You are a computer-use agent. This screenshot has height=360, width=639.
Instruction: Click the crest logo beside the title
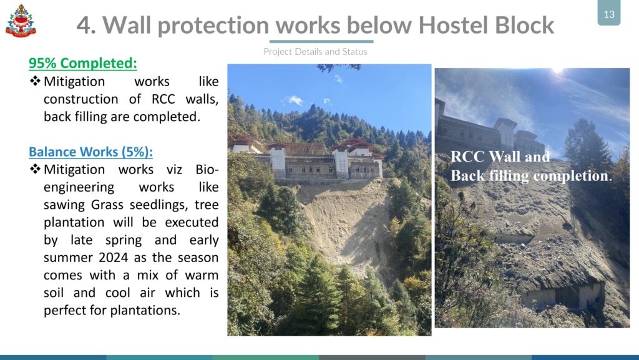tap(21, 21)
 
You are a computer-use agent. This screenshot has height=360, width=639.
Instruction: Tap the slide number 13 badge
tap(609, 14)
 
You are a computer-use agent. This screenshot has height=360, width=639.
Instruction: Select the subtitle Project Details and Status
tap(315, 52)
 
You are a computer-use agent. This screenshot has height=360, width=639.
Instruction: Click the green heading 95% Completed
tap(83, 63)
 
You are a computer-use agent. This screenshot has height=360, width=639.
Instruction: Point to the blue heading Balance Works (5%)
tap(90, 152)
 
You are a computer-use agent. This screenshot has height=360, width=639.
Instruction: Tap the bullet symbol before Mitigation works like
tap(35, 81)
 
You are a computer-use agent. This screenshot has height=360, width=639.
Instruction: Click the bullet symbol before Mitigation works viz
tap(35, 169)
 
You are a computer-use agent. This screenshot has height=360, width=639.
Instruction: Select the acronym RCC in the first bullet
tap(163, 99)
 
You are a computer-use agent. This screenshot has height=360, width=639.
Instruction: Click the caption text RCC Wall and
tap(500, 157)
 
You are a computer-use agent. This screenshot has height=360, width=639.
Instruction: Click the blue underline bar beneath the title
tap(321, 42)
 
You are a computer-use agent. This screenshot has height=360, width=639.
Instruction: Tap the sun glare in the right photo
tap(557, 71)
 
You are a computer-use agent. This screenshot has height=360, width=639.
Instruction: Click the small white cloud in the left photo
tap(295, 100)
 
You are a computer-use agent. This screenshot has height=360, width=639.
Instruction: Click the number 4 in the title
tap(83, 25)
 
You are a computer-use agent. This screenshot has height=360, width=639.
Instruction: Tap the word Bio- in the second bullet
tap(207, 170)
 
